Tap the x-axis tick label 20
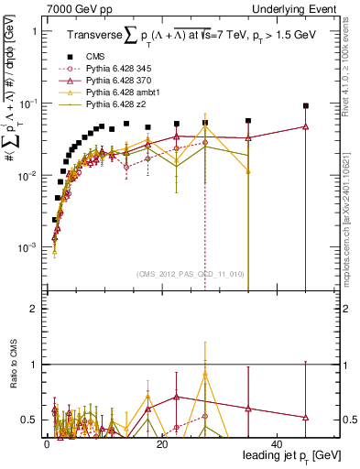(x=161, y=443)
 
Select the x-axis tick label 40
(x=277, y=443)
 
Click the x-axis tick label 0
(x=47, y=443)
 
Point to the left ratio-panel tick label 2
(x=34, y=309)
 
